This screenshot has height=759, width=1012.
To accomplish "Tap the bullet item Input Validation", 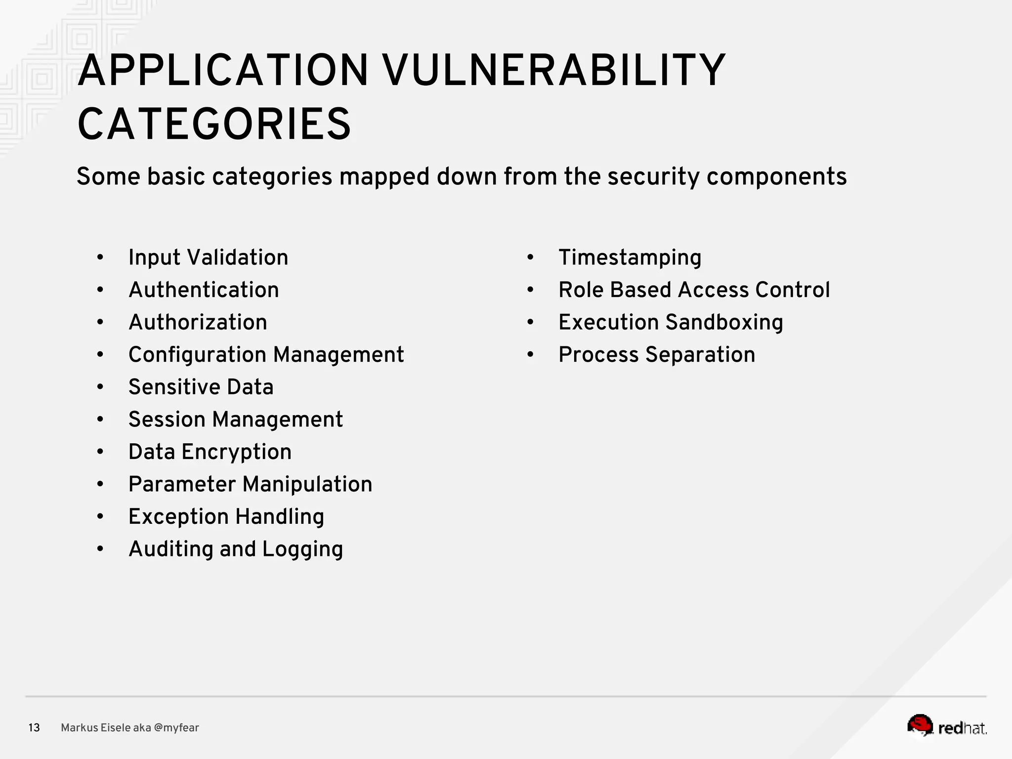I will pos(208,257).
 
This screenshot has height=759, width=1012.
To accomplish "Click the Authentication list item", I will pos(204,290).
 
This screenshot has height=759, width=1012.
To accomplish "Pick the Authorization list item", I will pos(198,322).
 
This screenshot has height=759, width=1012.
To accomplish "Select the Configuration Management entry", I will pos(266,355).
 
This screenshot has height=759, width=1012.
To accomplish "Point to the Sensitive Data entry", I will pos(201,387).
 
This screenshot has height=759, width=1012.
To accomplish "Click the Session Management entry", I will pos(235,420).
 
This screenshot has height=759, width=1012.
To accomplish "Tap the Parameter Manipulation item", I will pos(250,484).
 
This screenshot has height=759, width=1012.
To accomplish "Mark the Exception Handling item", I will pos(226,517).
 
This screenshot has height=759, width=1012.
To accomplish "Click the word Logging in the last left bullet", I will pos(302,549).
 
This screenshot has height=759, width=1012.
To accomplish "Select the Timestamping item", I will pos(630,257).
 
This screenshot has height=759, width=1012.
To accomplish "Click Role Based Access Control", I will pos(694,290).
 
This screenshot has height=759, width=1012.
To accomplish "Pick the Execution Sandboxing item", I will pos(671,322).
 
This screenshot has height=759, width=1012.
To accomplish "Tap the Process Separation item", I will pos(657,355).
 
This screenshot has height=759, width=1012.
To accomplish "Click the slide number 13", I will pos(34,728).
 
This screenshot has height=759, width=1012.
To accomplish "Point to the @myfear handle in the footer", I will pos(176,728).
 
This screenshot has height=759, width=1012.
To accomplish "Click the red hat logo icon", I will pos(920,725).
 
